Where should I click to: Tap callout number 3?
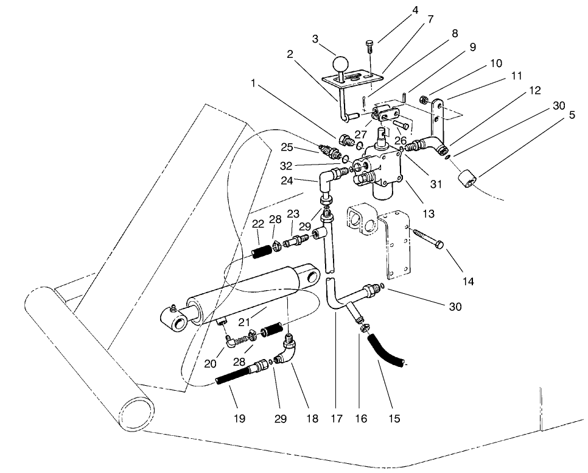pyautogui.click(x=315, y=39)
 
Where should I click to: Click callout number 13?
pyautogui.click(x=429, y=214)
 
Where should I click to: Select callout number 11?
pyautogui.click(x=516, y=77)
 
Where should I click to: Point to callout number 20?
pyautogui.click(x=211, y=364)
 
